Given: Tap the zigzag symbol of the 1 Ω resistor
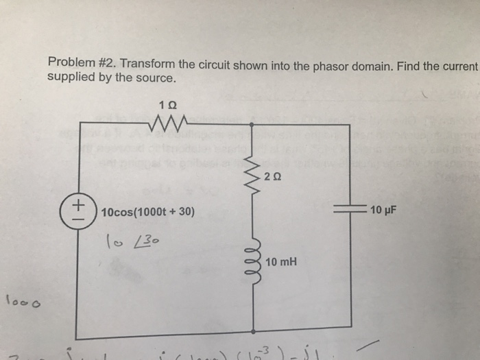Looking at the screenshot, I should coord(167,123).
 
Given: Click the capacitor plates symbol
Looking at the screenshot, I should coord(350,210).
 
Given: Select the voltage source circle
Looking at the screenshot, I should coord(80,210).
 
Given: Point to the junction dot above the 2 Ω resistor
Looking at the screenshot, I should coord(254,125).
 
